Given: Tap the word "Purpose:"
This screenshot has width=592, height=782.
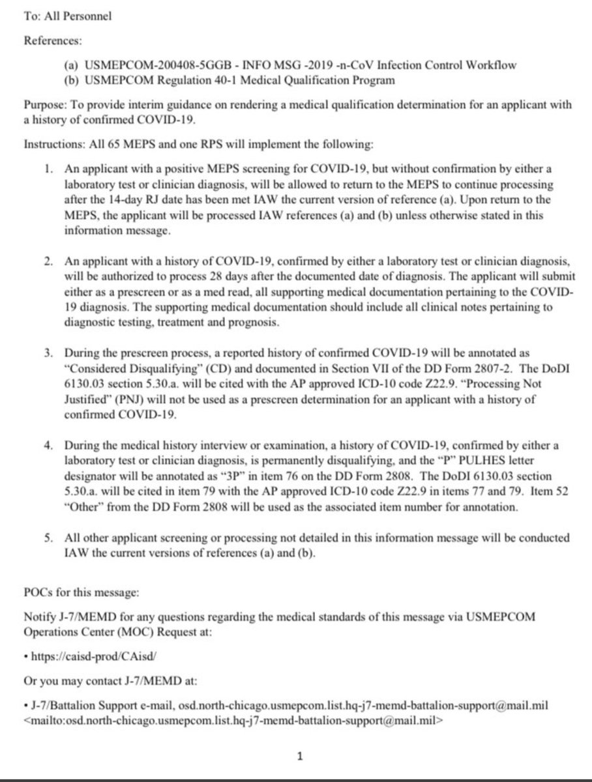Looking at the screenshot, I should click(41, 105).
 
